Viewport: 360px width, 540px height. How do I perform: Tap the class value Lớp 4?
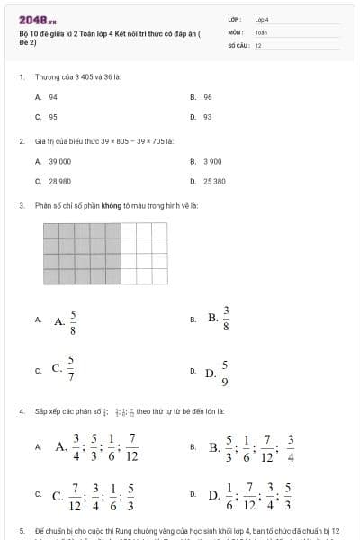(x=262, y=18)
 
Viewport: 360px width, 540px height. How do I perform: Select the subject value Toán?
(x=261, y=31)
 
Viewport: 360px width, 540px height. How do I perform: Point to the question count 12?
(x=258, y=43)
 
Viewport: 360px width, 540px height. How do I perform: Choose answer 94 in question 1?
(x=53, y=97)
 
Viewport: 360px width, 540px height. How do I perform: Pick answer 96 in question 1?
(x=208, y=97)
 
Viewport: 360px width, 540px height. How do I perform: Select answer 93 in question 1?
(x=208, y=116)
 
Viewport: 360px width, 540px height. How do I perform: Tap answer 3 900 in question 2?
(x=212, y=161)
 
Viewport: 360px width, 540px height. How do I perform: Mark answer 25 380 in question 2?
(x=214, y=181)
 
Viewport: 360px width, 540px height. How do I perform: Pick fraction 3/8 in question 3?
(x=226, y=318)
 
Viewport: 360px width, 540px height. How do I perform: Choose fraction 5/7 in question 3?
(x=73, y=368)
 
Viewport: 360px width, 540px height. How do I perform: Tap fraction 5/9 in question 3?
(x=226, y=370)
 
